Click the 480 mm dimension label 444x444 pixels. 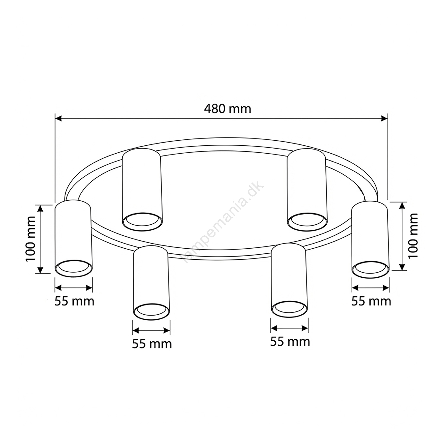228,109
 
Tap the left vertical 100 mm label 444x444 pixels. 30,239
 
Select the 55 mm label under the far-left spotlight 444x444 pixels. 74,301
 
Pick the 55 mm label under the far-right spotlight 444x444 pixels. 371,301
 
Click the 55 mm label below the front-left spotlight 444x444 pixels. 152,344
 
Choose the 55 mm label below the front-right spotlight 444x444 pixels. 290,342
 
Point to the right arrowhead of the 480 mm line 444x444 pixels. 384,119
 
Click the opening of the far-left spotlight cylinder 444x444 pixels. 74,268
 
